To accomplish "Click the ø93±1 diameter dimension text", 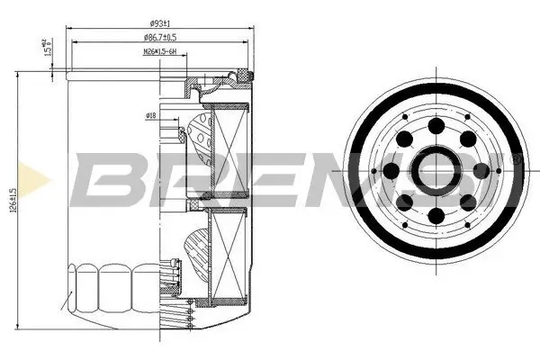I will [x=159, y=22].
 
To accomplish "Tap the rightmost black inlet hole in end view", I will [x=481, y=170].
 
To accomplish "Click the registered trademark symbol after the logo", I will [x=517, y=158].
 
